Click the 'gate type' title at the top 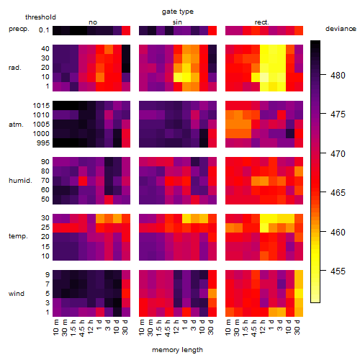coord(178,12)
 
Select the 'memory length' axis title coord(178,350)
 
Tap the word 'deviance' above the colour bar coord(341,29)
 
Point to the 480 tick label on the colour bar coord(338,76)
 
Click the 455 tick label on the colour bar coord(338,271)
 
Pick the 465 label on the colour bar coord(338,193)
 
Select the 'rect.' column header coord(262,22)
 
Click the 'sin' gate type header coord(177,22)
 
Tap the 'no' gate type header coord(93,22)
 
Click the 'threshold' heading coord(40,17)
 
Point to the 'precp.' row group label coord(19,29)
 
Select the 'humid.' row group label coord(20,181)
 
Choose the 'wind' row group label coord(17,294)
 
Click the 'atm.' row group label coord(16,125)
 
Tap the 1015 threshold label coord(41,106)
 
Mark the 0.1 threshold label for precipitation coord(44,30)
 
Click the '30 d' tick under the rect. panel coord(297,327)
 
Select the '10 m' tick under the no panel coord(55,328)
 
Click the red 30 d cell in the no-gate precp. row coord(126,30)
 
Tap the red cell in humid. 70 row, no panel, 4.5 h coord(83,181)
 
